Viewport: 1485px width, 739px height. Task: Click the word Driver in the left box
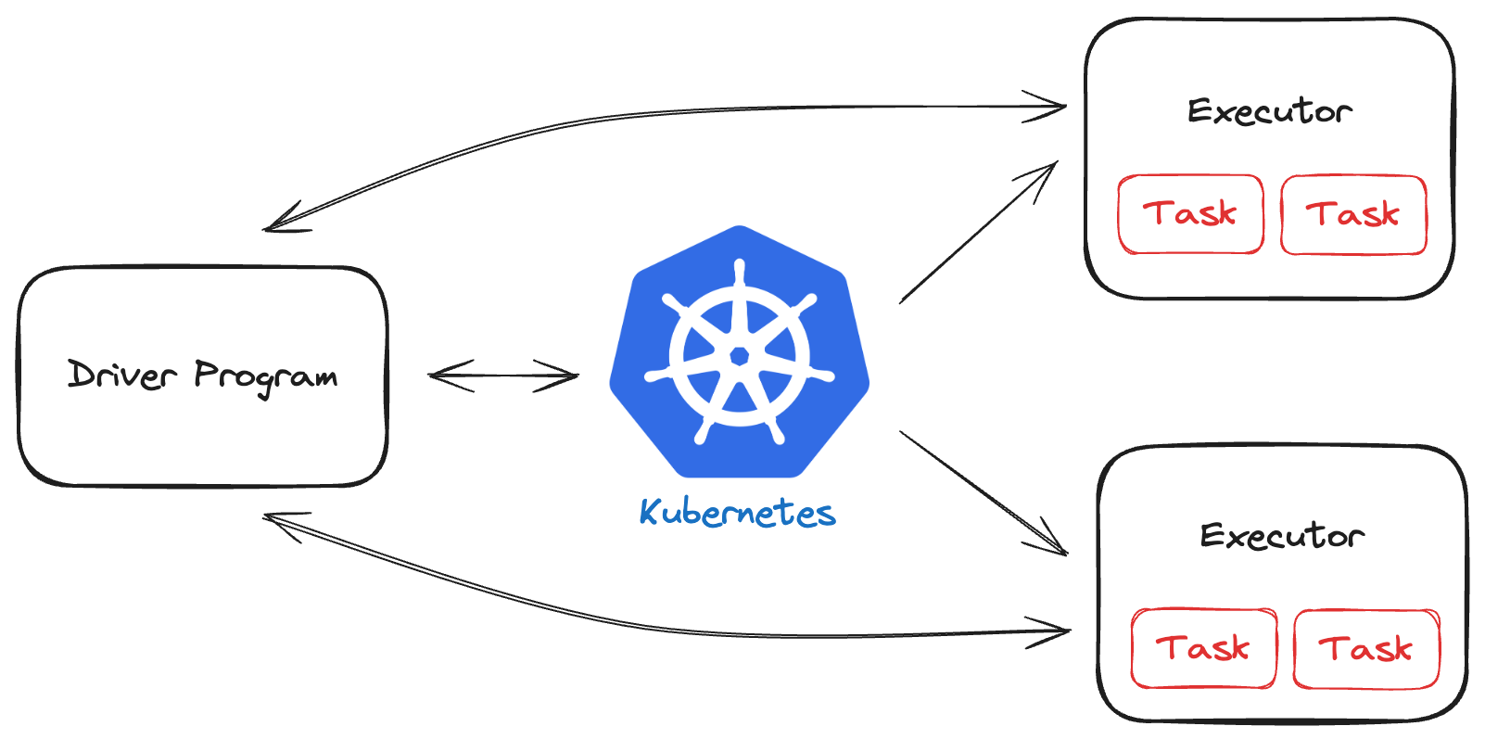[x=121, y=375]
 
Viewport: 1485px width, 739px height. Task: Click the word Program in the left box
[x=266, y=376]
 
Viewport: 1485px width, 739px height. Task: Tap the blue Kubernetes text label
[x=738, y=513]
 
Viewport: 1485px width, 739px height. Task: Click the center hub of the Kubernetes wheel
[x=739, y=356]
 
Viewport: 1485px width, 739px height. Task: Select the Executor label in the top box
[x=1269, y=111]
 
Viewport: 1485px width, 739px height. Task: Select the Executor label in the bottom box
[x=1282, y=535]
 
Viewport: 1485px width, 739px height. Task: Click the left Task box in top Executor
[x=1190, y=214]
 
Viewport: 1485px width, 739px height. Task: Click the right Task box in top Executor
[x=1353, y=214]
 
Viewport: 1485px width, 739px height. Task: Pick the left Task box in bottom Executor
[x=1203, y=648]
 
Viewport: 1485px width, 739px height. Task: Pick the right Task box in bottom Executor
[x=1366, y=648]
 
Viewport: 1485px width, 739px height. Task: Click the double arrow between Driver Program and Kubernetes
[x=503, y=376]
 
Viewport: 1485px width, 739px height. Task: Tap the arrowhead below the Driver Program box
[x=279, y=522]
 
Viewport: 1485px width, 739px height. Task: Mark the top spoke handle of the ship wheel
[x=739, y=272]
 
